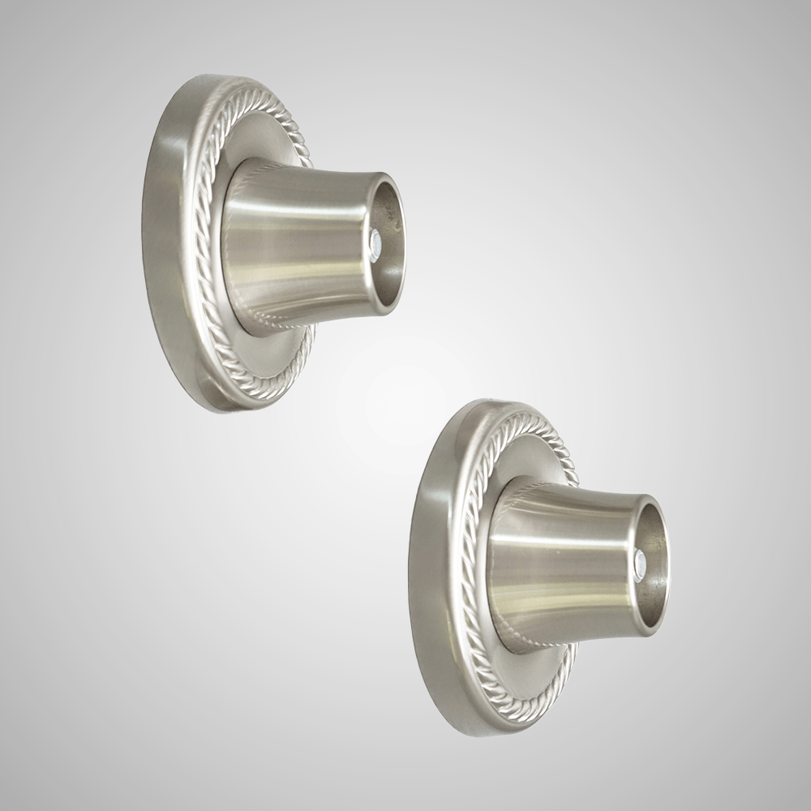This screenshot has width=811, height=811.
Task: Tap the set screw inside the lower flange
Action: (640, 560)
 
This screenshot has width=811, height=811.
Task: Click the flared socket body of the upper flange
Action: (292, 243)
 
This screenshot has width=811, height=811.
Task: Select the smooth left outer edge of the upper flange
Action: (158, 243)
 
